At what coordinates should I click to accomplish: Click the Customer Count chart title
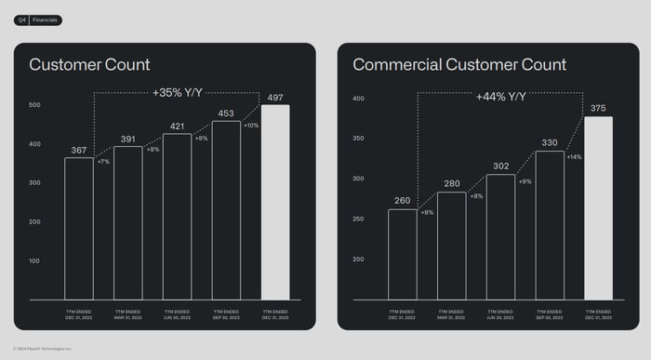pos(89,65)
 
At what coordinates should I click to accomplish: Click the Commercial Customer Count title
pos(458,65)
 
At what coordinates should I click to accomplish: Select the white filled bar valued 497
pos(275,202)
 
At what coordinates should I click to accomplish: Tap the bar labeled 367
pos(79,228)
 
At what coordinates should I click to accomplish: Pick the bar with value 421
pos(177,216)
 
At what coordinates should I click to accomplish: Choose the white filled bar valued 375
pos(598,207)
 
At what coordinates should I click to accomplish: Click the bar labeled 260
pos(403,254)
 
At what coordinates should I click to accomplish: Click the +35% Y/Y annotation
pos(178,92)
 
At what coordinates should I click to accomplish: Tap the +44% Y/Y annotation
pos(501,97)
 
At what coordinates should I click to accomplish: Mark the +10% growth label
pos(251,126)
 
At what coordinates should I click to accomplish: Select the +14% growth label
pos(574,156)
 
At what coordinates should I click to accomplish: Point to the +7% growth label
pos(103,162)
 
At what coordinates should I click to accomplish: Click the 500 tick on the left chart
pos(34,105)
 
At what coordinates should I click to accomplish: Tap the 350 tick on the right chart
pos(358,139)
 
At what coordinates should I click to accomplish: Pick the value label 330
pos(550,143)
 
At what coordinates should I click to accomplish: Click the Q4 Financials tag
pos(37,20)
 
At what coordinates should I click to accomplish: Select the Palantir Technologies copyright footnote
pos(43,349)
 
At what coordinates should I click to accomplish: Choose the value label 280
pos(452,184)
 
